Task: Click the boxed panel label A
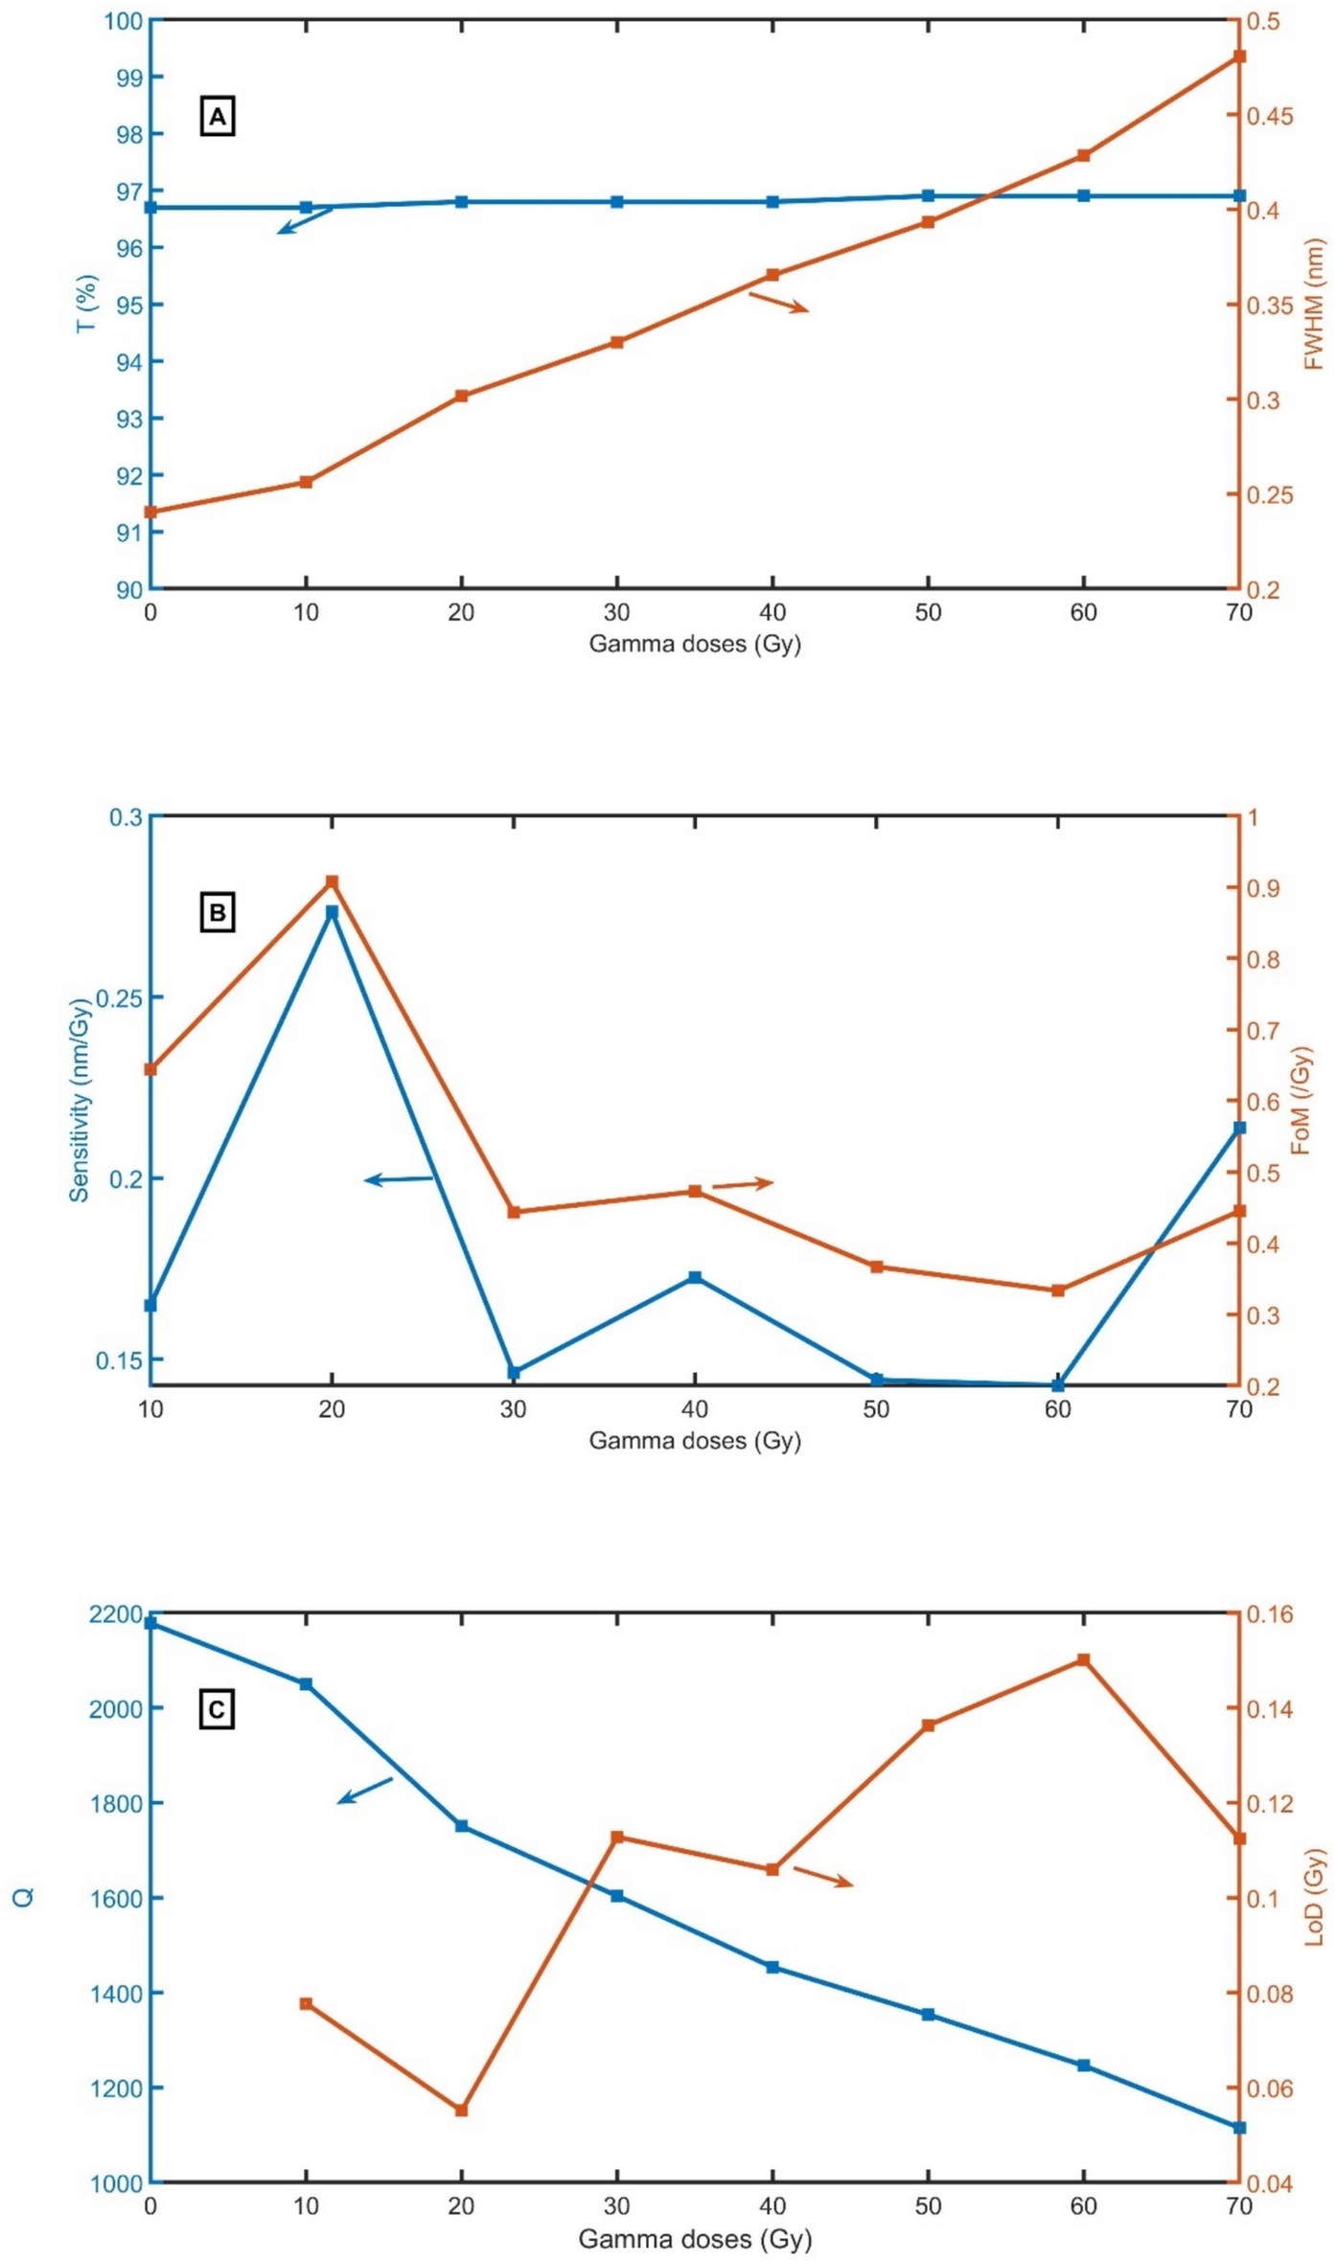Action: click(218, 117)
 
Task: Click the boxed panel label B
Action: click(218, 913)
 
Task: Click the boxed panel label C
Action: click(218, 1710)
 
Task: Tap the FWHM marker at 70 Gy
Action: click(1238, 57)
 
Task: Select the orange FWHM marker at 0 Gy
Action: click(150, 512)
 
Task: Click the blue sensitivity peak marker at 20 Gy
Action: click(332, 912)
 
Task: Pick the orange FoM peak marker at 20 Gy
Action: click(332, 881)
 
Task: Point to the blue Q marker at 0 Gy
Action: click(150, 1623)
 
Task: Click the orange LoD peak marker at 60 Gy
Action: click(1083, 1660)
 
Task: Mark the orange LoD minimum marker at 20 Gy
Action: click(461, 2111)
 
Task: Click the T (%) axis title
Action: click(87, 304)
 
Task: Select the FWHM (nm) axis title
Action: click(1314, 305)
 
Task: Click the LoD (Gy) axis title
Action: click(1314, 1898)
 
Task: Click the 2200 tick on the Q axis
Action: click(115, 1614)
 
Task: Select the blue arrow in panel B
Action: click(399, 1179)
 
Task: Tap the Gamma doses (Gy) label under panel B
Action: click(694, 1441)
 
